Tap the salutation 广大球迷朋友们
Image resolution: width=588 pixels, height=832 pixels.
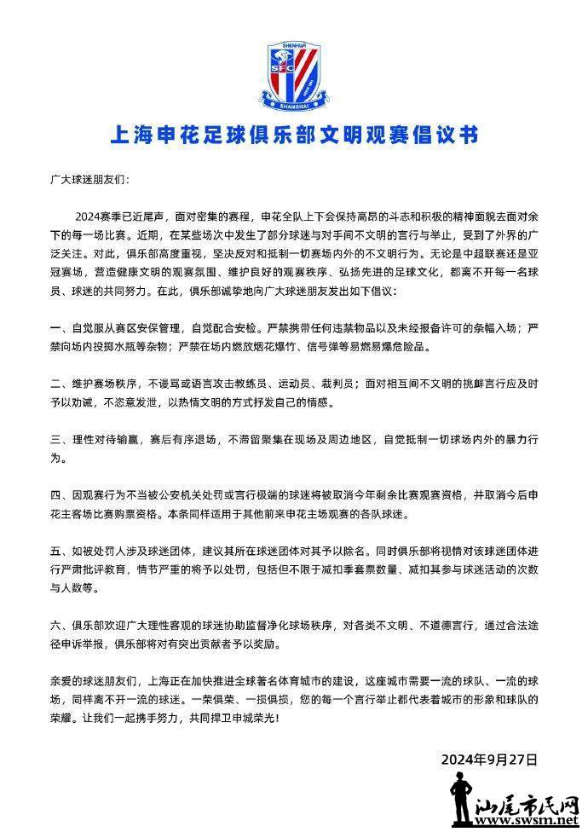89,181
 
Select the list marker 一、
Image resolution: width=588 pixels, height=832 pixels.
59,327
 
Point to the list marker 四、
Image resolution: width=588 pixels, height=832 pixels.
59,495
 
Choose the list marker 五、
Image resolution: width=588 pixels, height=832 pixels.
59,552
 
